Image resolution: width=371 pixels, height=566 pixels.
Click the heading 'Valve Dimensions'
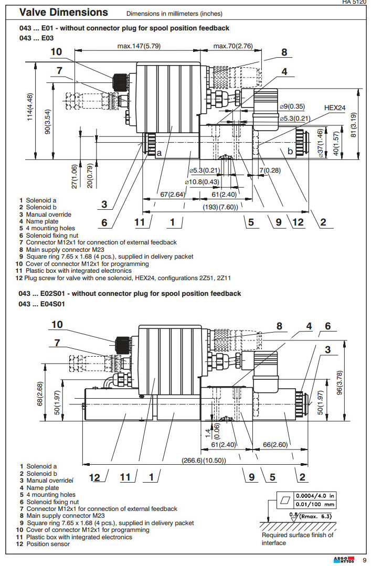pyautogui.click(x=63, y=12)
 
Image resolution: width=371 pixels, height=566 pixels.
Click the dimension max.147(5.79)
pyautogui.click(x=139, y=46)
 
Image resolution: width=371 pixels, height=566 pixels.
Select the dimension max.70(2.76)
pyautogui.click(x=233, y=46)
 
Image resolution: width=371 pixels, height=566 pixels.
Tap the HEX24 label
pyautogui.click(x=334, y=108)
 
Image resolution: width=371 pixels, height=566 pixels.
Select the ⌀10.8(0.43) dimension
pyautogui.click(x=202, y=181)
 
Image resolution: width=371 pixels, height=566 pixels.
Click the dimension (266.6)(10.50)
pyautogui.click(x=204, y=460)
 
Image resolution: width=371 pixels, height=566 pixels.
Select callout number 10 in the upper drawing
pyautogui.click(x=56, y=51)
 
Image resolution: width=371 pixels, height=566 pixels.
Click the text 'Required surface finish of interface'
pyautogui.click(x=297, y=539)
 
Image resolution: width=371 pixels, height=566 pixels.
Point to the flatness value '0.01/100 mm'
pyautogui.click(x=315, y=504)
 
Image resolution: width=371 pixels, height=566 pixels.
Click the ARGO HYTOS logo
pyautogui.click(x=344, y=560)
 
